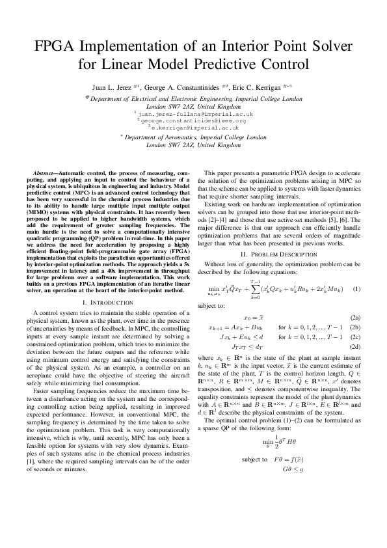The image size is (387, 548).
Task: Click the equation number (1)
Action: point(356,288)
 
